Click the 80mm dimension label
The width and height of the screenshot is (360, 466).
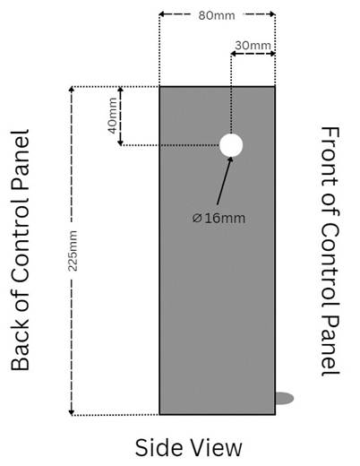pyautogui.click(x=217, y=15)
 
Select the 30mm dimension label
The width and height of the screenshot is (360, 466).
pyautogui.click(x=253, y=46)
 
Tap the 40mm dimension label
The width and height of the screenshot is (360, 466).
pyautogui.click(x=113, y=116)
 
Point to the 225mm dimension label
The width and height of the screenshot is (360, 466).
pyautogui.click(x=73, y=251)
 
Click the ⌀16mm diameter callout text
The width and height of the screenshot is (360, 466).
pyautogui.click(x=219, y=218)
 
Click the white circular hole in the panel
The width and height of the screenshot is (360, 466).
pyautogui.click(x=231, y=145)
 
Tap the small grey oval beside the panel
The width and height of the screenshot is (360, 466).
pyautogui.click(x=284, y=398)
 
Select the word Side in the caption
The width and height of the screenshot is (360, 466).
pyautogui.click(x=159, y=447)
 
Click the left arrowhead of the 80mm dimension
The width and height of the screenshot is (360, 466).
pyautogui.click(x=161, y=13)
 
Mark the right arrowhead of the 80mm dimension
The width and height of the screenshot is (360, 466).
pyautogui.click(x=272, y=13)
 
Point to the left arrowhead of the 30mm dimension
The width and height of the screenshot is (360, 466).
pyautogui.click(x=234, y=54)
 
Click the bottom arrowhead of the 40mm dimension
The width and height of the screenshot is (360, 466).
pyautogui.click(x=120, y=142)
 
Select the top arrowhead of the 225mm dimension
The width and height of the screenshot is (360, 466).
pyautogui.click(x=71, y=90)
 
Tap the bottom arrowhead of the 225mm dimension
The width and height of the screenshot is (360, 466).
pyautogui.click(x=71, y=412)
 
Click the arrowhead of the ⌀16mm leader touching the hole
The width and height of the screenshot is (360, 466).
pyautogui.click(x=230, y=160)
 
